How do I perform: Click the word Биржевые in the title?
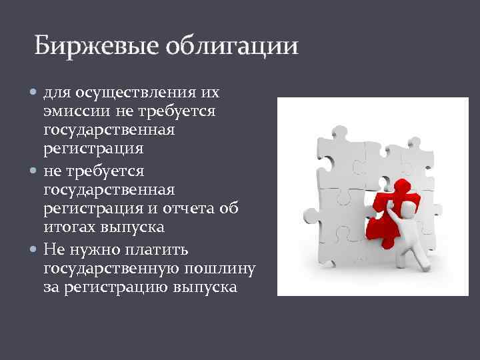(x=89, y=46)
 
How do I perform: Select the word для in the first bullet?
(x=55, y=92)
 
